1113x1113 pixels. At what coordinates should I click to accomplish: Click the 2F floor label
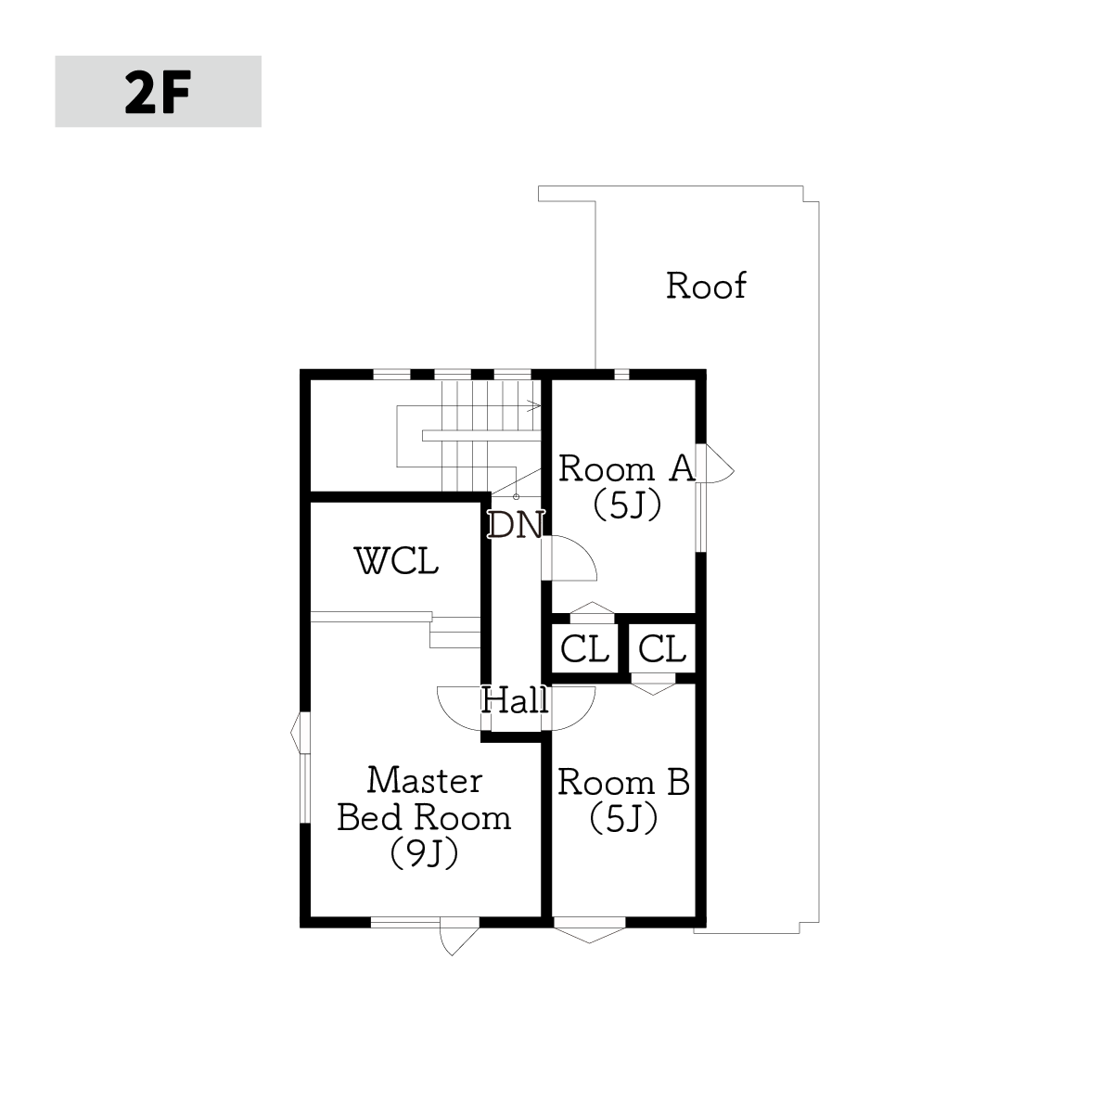(158, 93)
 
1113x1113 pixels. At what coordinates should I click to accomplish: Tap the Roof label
(706, 286)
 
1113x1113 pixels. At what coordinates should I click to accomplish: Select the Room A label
(627, 467)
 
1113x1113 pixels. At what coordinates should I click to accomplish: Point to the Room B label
(624, 783)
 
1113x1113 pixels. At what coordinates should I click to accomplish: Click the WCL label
(396, 561)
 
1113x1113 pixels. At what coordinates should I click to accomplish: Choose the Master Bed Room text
(425, 799)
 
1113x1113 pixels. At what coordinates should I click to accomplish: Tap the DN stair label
(516, 525)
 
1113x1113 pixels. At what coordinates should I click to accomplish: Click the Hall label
(515, 700)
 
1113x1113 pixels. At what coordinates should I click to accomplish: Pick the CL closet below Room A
(584, 648)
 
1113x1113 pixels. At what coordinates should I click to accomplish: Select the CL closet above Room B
(662, 648)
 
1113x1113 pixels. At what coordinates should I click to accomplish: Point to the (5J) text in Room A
(627, 505)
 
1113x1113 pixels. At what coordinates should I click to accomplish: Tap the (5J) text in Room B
(624, 819)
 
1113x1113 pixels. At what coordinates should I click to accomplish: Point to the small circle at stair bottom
(517, 497)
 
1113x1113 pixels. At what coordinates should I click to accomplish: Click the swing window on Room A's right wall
(716, 463)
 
